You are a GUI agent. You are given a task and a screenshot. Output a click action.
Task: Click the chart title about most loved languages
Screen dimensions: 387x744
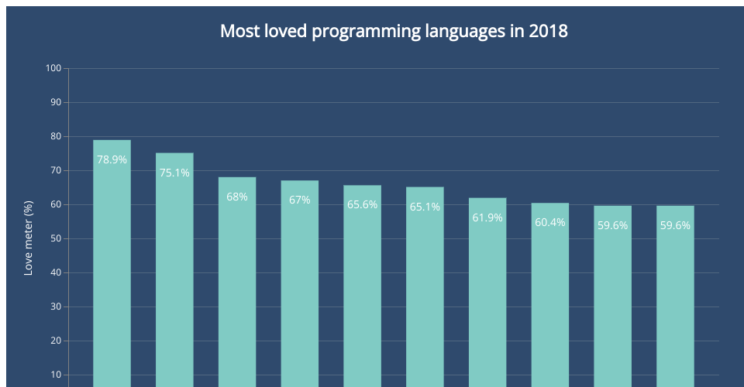pyautogui.click(x=394, y=32)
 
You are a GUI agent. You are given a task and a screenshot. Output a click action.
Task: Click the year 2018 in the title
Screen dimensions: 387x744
pyautogui.click(x=549, y=32)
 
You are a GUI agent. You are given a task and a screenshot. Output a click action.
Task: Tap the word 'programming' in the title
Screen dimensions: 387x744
pyautogui.click(x=364, y=32)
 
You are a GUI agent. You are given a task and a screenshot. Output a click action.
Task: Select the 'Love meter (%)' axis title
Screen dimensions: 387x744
pyautogui.click(x=29, y=238)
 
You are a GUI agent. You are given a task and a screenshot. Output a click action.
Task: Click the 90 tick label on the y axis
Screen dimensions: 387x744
pyautogui.click(x=55, y=102)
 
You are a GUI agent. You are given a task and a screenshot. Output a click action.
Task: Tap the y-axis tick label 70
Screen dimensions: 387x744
pyautogui.click(x=55, y=170)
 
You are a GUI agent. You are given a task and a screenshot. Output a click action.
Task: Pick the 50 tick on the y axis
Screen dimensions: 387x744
pyautogui.click(x=55, y=238)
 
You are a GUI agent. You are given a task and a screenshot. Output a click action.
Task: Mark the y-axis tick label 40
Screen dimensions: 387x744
pyautogui.click(x=55, y=272)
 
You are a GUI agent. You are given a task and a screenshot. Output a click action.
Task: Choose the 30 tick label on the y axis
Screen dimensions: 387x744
pyautogui.click(x=55, y=307)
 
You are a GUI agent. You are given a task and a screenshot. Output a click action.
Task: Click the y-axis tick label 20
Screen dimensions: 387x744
pyautogui.click(x=55, y=341)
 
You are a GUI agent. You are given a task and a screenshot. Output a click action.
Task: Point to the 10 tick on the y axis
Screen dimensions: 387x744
pyautogui.click(x=55, y=375)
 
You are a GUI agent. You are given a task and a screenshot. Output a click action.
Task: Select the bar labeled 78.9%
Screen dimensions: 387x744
pyautogui.click(x=112, y=263)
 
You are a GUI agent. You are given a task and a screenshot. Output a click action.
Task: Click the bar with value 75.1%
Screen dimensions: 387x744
pyautogui.click(x=174, y=271)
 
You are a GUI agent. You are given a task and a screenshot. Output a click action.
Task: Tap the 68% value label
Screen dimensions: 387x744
pyautogui.click(x=237, y=197)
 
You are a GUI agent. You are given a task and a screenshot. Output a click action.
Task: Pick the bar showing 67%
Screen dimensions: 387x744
pyautogui.click(x=300, y=286)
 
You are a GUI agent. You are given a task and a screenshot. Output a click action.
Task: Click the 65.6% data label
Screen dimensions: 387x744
pyautogui.click(x=362, y=205)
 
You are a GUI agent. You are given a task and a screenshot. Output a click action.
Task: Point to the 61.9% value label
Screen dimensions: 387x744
pyautogui.click(x=487, y=217)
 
